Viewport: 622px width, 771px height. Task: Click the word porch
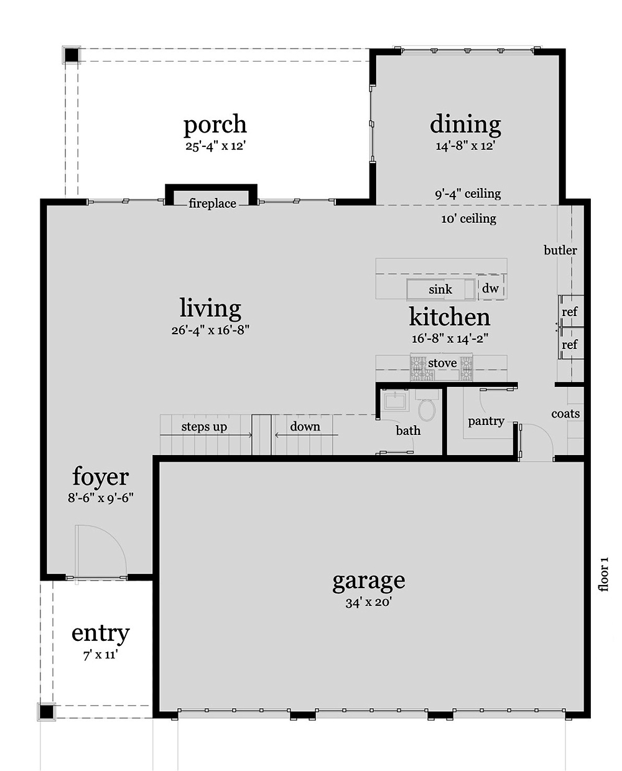(215, 124)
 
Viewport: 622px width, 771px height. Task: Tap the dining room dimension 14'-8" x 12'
(465, 146)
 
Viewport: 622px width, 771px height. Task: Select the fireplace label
(212, 203)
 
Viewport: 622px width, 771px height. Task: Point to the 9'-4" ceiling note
(467, 194)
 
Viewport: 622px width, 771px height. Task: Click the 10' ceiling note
(468, 218)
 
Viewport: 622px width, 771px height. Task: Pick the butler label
(560, 250)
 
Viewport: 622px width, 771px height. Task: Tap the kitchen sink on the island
(440, 289)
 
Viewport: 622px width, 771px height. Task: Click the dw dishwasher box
(490, 289)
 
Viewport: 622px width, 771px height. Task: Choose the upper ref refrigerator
(570, 311)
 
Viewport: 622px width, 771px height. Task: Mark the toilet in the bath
(427, 409)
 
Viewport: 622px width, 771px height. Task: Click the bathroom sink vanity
(394, 400)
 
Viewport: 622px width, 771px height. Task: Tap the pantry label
(486, 421)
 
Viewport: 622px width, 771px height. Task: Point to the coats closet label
(565, 414)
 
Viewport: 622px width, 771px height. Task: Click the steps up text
(204, 427)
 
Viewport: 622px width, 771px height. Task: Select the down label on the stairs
(305, 427)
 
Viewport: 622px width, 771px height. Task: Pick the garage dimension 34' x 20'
(368, 602)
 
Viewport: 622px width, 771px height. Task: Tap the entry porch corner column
(47, 711)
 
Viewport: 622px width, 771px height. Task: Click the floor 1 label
(603, 574)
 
